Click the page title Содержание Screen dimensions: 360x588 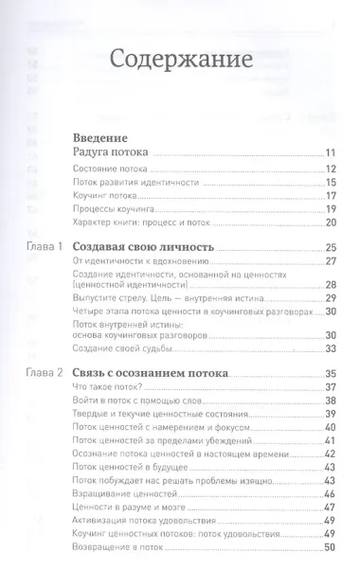tap(179, 61)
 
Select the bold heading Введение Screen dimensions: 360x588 tap(102, 137)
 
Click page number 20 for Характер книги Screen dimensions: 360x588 tap(331, 222)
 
